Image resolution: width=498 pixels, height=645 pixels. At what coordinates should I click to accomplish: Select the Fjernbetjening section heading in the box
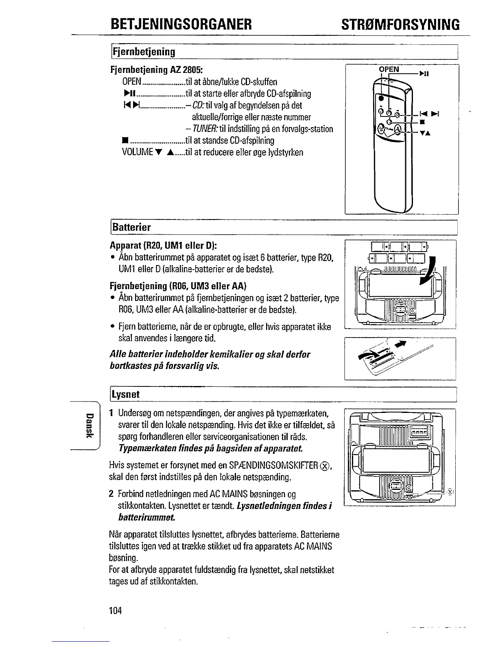[144, 52]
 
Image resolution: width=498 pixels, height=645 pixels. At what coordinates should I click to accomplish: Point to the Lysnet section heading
[126, 394]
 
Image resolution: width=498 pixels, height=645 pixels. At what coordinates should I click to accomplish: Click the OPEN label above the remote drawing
[389, 69]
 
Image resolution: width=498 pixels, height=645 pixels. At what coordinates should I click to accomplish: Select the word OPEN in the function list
[131, 81]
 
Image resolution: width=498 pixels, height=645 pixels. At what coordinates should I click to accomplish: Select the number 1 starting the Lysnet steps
[111, 414]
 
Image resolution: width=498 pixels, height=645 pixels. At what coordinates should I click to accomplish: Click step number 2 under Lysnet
[111, 494]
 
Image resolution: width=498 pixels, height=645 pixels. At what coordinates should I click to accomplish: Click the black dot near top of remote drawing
[381, 99]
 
